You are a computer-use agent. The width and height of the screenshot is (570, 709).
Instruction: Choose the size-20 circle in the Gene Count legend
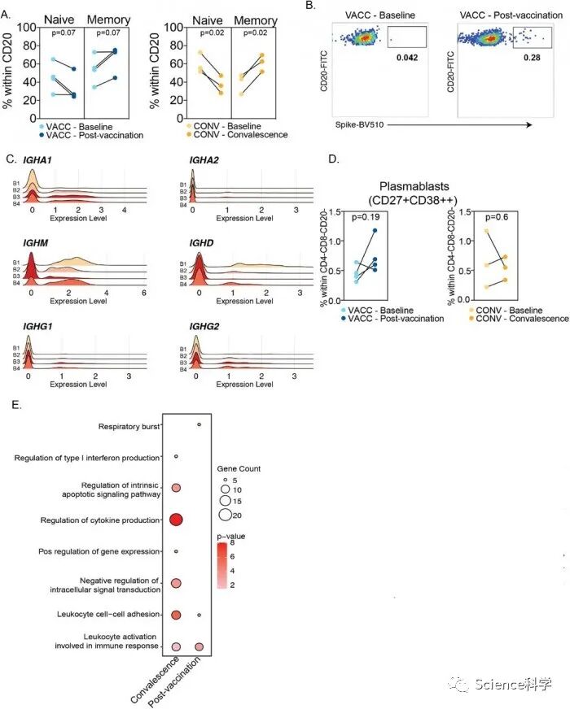225,514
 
